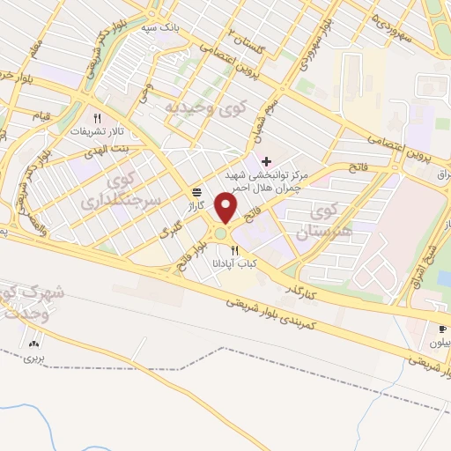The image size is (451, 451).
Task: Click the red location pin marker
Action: click(227, 210)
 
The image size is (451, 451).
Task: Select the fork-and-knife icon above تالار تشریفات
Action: click(99, 117)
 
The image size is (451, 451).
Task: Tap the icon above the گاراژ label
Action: click(196, 192)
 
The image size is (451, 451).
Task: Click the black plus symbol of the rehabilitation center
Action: click(267, 161)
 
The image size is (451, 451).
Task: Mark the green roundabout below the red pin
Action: click(220, 234)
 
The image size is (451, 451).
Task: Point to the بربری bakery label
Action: click(33, 359)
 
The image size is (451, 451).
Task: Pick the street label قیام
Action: click(41, 116)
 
